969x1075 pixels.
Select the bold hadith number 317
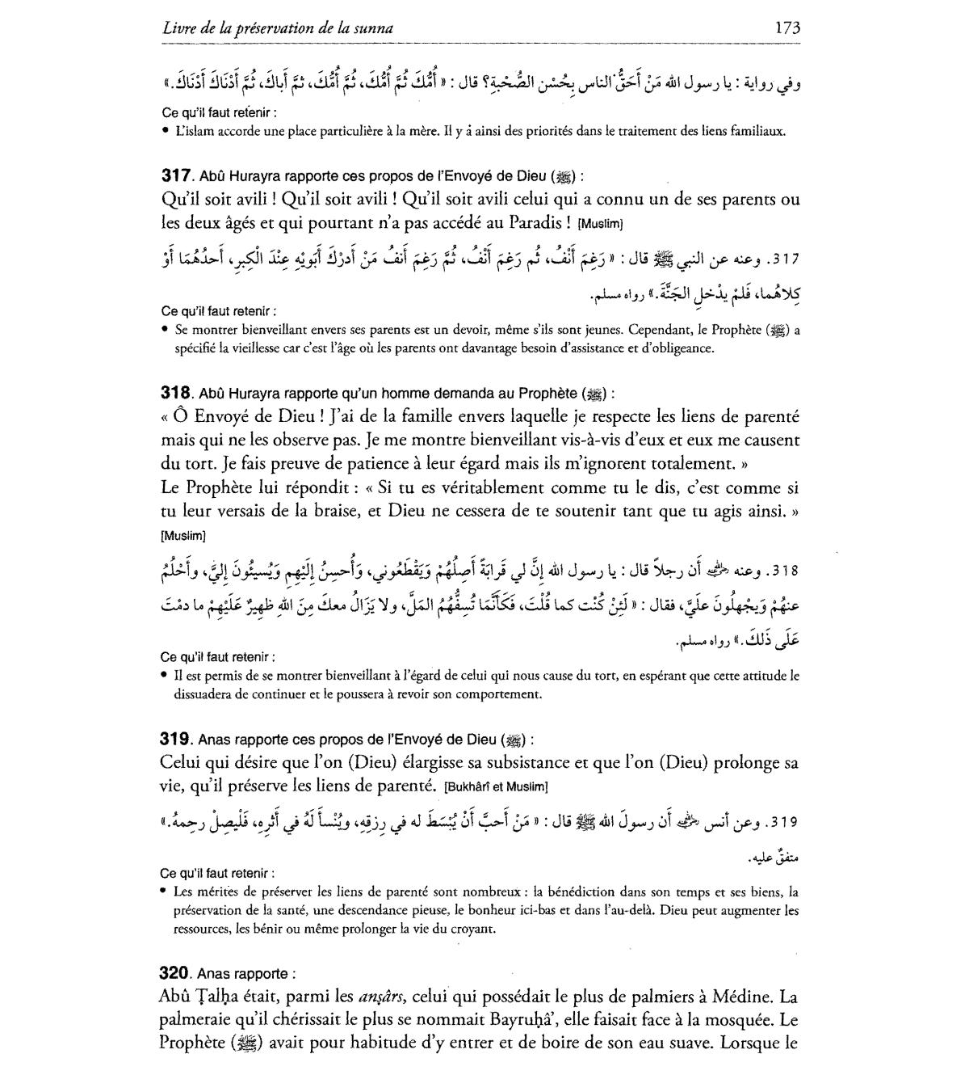coord(175,175)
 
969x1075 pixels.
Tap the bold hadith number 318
coord(175,394)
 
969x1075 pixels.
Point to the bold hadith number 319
coord(175,739)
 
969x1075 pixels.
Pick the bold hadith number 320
coord(175,974)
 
